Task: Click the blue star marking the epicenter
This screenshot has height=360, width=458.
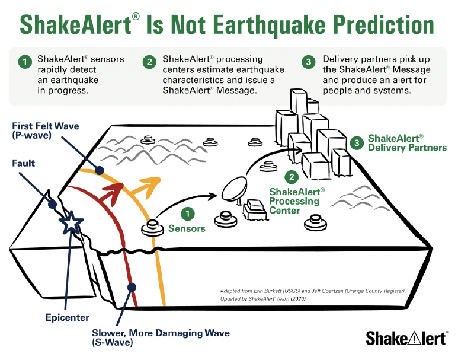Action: click(71, 222)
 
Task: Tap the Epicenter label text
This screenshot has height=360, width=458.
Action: click(67, 318)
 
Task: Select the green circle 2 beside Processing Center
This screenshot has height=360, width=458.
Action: click(291, 176)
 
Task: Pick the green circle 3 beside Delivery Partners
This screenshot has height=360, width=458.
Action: click(355, 142)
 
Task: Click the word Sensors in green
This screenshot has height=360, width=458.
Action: click(187, 228)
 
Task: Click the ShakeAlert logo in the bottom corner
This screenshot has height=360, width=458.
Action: click(406, 339)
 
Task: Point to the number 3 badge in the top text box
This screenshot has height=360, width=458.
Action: click(308, 62)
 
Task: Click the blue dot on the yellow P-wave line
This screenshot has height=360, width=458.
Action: click(100, 171)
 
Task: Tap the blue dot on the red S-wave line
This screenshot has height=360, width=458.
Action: click(130, 286)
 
